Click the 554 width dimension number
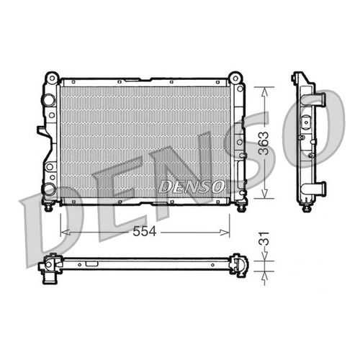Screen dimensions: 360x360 (x=145, y=231)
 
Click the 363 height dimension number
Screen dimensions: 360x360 (x=264, y=143)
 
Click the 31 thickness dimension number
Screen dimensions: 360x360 (x=264, y=238)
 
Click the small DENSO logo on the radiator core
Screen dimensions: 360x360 (x=192, y=186)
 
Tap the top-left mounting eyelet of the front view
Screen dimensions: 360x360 (x=52, y=78)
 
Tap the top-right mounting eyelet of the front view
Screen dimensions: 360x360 (x=235, y=78)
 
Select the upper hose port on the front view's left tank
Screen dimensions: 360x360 (x=49, y=99)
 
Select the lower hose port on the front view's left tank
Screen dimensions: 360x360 (x=49, y=189)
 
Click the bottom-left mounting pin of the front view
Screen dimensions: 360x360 (x=49, y=207)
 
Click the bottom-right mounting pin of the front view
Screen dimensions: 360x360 (x=240, y=207)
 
